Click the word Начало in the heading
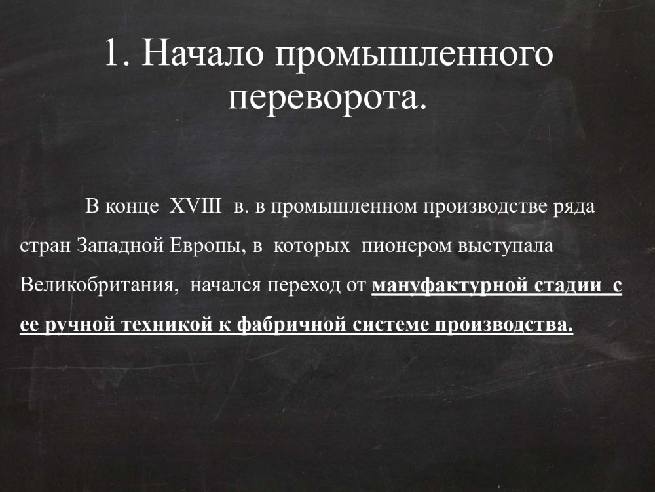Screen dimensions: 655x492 pos(202,52)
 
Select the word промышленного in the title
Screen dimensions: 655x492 pos(414,55)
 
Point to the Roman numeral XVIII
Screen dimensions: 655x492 pos(195,206)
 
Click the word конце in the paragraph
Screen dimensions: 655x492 pos(132,207)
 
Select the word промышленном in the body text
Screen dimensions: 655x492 pos(344,207)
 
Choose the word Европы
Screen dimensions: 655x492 pos(207,247)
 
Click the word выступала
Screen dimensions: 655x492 pos(506,246)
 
